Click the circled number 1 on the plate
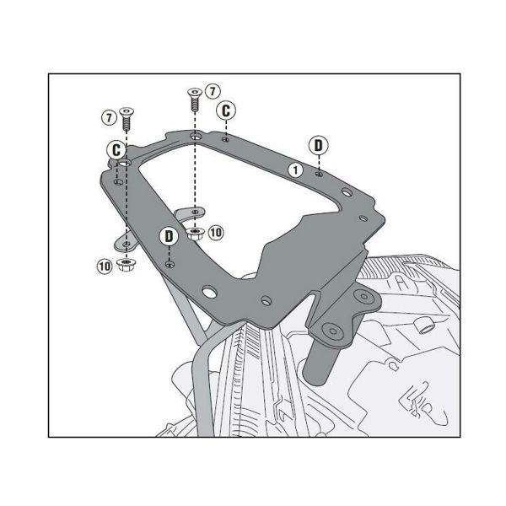coord(294,170)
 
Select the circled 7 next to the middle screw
coord(212,89)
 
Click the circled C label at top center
coord(225,110)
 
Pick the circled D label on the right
coord(318,144)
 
